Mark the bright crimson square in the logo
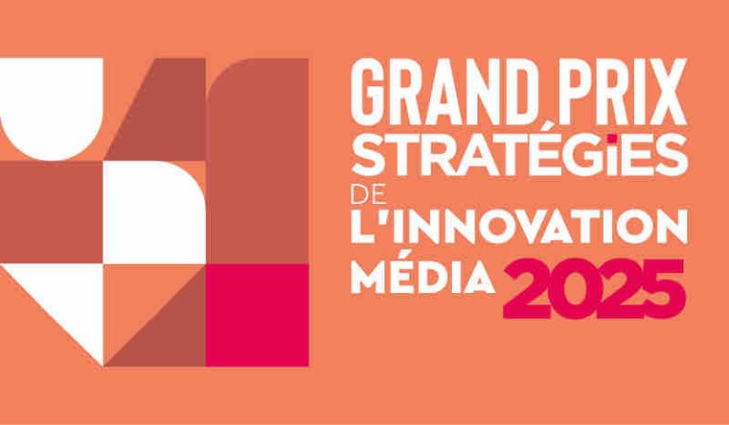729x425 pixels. [257, 315]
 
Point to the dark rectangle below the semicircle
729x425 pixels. [51, 211]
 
